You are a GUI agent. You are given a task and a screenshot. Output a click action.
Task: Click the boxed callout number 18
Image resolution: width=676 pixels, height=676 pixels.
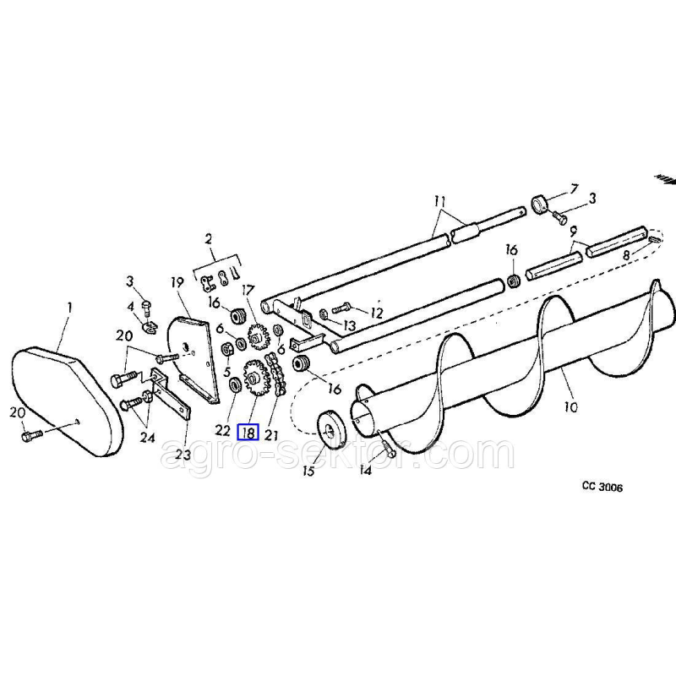click(248, 432)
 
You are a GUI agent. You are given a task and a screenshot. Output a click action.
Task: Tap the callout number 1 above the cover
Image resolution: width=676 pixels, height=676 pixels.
click(69, 308)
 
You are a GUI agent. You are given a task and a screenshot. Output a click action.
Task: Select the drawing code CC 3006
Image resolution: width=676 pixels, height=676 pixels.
click(602, 488)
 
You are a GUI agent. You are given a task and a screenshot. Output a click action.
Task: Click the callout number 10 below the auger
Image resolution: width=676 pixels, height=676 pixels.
click(571, 406)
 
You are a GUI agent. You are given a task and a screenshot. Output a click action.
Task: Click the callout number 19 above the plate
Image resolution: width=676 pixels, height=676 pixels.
click(177, 282)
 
